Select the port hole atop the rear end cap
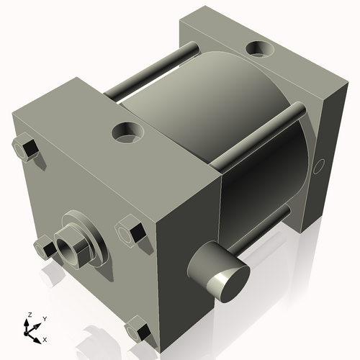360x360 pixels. [259, 49]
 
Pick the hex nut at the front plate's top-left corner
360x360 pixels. [26, 148]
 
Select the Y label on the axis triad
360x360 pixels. [44, 318]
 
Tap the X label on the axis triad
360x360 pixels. [45, 338]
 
